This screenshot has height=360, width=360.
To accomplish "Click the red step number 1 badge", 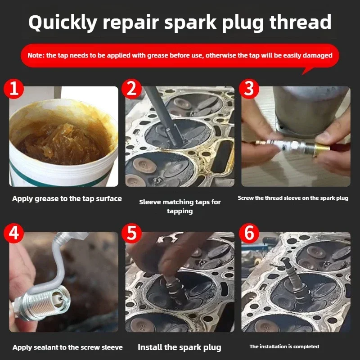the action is tap(14, 89).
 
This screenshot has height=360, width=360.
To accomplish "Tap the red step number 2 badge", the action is tap(131, 89).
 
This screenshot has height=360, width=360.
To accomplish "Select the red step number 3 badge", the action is tap(249, 89).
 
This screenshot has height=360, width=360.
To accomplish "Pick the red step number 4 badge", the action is tap(14, 233).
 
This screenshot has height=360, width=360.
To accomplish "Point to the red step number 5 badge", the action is tap(131, 233).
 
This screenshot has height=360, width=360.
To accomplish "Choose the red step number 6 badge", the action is tap(249, 233).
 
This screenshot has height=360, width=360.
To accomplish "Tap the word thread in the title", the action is tap(301, 22).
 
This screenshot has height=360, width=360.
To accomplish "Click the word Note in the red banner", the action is tap(36, 55).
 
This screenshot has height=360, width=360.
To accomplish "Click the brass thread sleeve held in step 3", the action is tap(321, 149).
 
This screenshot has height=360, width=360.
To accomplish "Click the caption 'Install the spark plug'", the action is tap(179, 347).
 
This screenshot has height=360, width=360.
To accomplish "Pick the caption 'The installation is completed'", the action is tap(284, 346).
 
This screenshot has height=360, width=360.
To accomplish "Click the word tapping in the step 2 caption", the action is tap(180, 211).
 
